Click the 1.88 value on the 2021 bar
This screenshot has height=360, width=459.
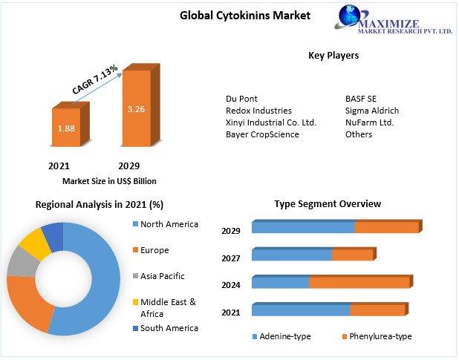[x=66, y=128]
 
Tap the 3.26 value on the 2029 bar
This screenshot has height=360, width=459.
[x=136, y=109]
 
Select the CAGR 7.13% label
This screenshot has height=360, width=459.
[x=95, y=79]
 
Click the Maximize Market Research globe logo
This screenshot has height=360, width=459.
[x=350, y=16]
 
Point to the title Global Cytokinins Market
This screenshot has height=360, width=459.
[x=245, y=16]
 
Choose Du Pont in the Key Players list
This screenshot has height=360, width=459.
[x=241, y=99]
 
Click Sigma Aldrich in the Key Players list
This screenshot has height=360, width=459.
[x=372, y=111]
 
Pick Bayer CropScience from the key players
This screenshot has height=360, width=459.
[x=262, y=134]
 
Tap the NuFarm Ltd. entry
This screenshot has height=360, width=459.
[x=369, y=122]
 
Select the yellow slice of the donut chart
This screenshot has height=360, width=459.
[x=35, y=243]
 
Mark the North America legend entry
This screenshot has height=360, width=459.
[x=166, y=224]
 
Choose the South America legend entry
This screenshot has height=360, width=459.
[x=166, y=328]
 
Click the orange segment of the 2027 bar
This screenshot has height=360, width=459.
[x=353, y=254]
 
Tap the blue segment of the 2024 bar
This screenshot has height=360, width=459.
[x=281, y=282]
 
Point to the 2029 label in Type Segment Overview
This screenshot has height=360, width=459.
[x=231, y=231]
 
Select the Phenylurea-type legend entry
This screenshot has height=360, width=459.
[x=377, y=336]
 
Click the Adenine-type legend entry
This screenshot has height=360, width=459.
[x=281, y=336]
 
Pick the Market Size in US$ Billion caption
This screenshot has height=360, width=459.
[x=109, y=181]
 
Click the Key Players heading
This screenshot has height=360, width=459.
[x=333, y=56]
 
